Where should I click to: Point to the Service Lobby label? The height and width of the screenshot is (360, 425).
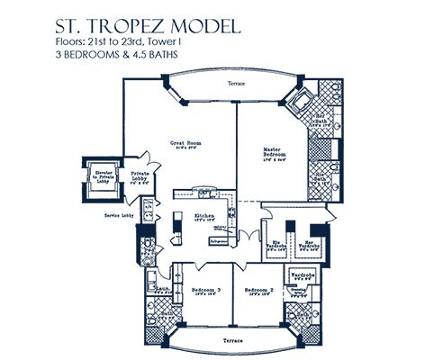click(119, 216)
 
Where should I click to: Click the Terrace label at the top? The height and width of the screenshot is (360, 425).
click(236, 85)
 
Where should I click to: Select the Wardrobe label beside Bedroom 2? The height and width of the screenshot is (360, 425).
click(301, 278)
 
